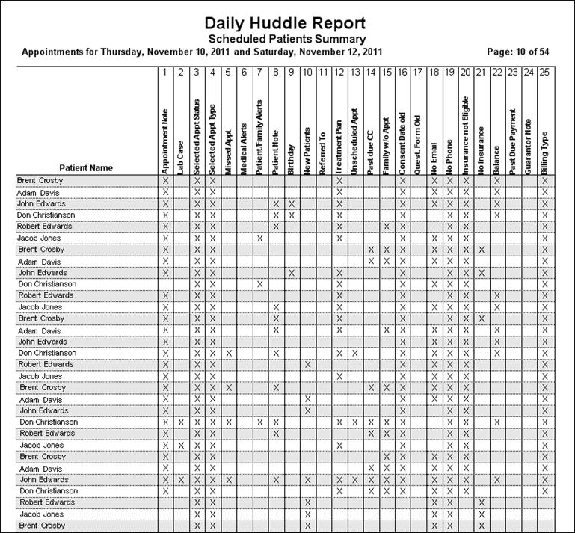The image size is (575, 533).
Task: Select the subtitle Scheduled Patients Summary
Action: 286,39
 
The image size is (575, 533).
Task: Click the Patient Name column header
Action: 86,168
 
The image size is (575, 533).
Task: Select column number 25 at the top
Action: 545,73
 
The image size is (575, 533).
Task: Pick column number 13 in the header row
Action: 354,73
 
